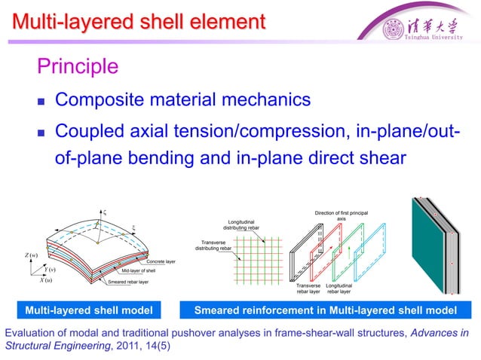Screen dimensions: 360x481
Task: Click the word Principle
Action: [x=78, y=66]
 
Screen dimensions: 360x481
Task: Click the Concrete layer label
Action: [x=161, y=261]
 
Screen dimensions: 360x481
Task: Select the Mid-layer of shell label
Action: [x=139, y=271]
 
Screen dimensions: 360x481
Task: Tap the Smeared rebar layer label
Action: [x=129, y=282]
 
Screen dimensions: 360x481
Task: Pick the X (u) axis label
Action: [x=41, y=281]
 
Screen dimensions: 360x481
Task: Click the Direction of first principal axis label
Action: [x=341, y=217]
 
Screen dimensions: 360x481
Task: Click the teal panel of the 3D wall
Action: [x=430, y=245]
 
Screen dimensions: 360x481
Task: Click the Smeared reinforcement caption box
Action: [x=325, y=310]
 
